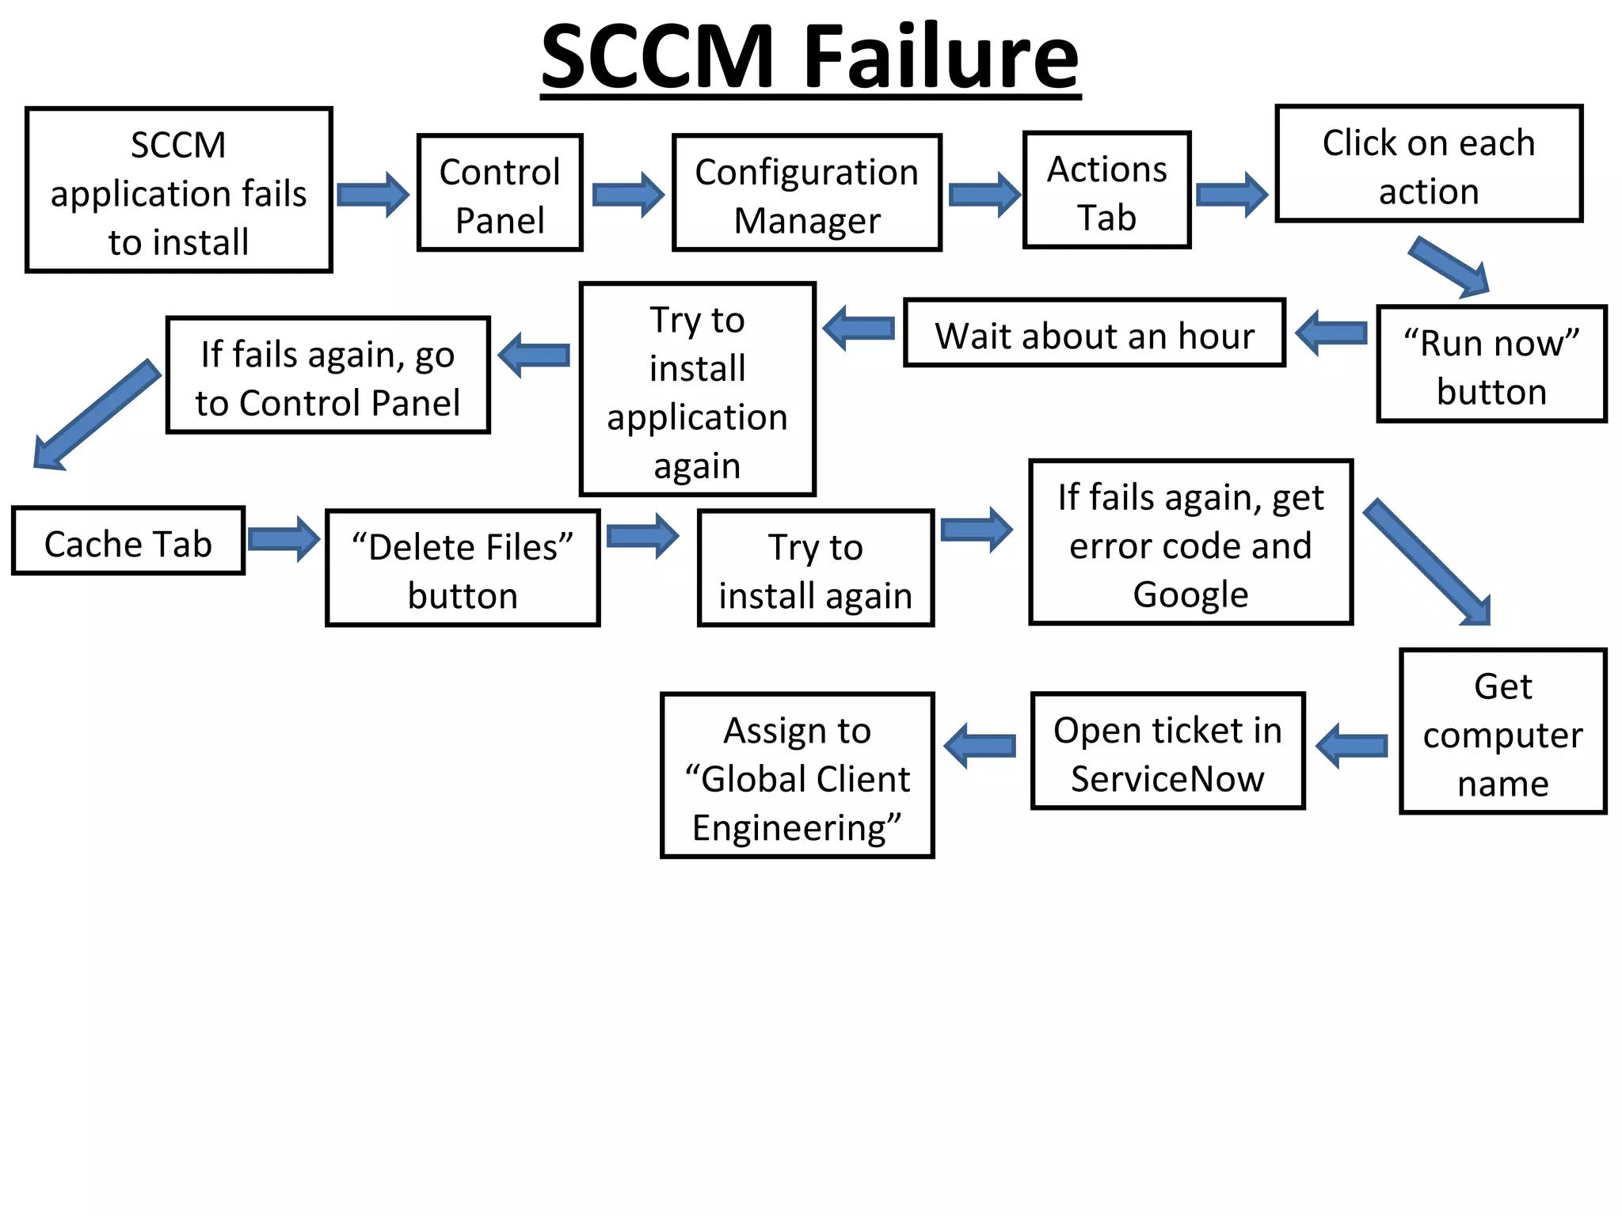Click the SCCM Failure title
click(810, 57)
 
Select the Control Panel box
click(500, 193)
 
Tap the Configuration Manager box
click(806, 193)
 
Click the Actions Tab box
click(1106, 191)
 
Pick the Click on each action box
click(1428, 164)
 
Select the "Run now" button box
click(1491, 364)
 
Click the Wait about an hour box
click(1094, 333)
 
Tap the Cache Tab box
click(128, 541)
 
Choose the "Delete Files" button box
click(463, 568)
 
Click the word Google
click(1190, 595)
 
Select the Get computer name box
click(1502, 731)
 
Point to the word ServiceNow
click(1167, 779)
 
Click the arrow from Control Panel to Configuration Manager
click(627, 194)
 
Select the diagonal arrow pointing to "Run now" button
click(1449, 268)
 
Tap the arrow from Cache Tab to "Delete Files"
click(283, 540)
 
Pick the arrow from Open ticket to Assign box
click(980, 746)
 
